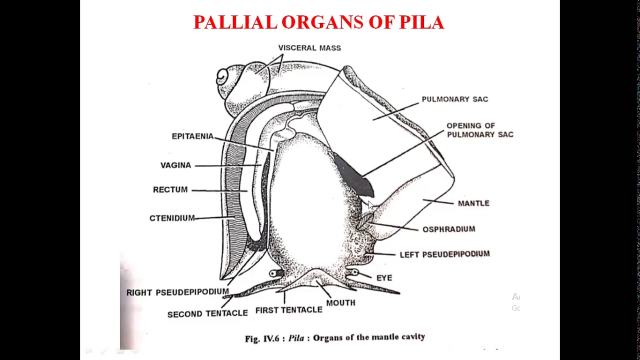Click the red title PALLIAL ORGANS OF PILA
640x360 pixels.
click(318, 22)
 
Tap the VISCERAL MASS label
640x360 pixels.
click(309, 48)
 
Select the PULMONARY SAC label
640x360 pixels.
click(454, 99)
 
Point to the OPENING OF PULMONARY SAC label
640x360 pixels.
click(479, 130)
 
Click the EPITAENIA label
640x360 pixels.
click(192, 136)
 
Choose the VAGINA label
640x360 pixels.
click(175, 165)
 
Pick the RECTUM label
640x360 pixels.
click(170, 190)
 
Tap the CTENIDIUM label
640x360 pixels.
click(172, 218)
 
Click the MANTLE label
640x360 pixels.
click(473, 203)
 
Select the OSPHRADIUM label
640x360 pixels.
click(448, 229)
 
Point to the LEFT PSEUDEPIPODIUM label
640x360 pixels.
click(444, 254)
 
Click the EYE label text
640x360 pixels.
click(384, 278)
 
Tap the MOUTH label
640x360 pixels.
click(340, 303)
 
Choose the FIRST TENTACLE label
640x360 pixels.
click(288, 310)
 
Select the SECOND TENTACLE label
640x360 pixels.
click(207, 314)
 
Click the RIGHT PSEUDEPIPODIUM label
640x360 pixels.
click(177, 292)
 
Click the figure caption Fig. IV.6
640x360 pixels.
click(334, 338)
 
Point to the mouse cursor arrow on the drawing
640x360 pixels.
click(370, 205)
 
